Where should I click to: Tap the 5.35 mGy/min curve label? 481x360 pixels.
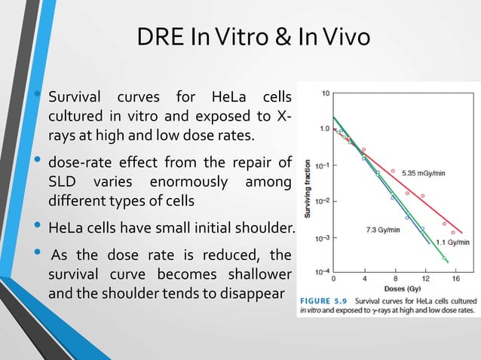pos(423,173)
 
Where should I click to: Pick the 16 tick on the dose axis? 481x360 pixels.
pos(456,276)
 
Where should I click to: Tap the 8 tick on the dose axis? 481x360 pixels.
pos(394,276)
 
